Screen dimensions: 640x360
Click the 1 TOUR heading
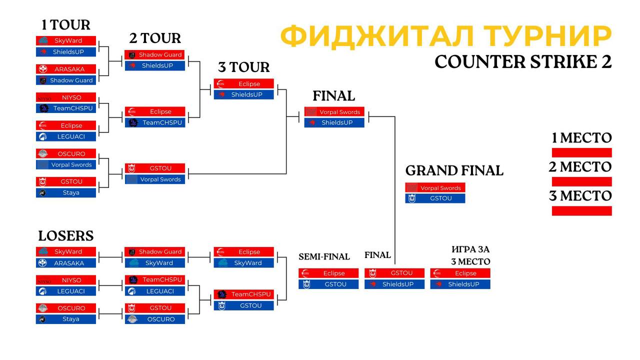(x=65, y=25)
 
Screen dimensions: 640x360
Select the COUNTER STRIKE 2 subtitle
(x=523, y=61)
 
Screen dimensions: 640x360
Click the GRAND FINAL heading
(x=454, y=170)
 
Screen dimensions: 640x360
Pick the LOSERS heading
(x=66, y=236)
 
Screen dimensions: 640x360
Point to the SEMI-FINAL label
(x=324, y=257)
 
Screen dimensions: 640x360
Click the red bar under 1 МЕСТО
(x=581, y=152)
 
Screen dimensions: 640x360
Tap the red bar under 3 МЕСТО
(x=581, y=211)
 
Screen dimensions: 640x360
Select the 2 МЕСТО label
(x=580, y=167)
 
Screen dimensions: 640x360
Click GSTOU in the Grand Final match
(x=435, y=198)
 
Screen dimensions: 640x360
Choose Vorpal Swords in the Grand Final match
(x=435, y=187)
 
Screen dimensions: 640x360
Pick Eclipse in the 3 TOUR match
(x=243, y=83)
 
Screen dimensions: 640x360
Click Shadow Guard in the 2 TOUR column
(x=154, y=54)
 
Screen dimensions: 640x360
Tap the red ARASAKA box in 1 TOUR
(x=66, y=69)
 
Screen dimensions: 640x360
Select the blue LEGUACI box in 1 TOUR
(x=66, y=136)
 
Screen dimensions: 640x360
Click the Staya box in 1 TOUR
(x=66, y=192)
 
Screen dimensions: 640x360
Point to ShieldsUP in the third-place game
(x=460, y=284)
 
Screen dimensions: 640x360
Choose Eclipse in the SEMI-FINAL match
(x=328, y=273)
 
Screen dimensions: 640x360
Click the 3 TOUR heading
(x=243, y=67)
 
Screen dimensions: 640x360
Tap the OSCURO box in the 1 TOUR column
(x=66, y=153)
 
